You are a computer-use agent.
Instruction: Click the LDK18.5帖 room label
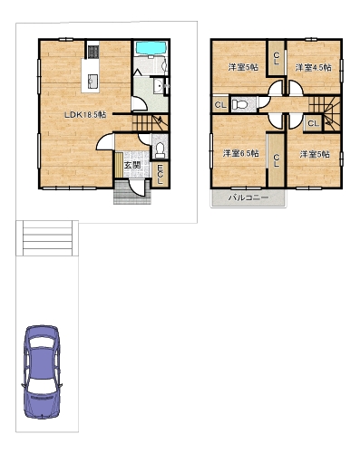(x=86, y=115)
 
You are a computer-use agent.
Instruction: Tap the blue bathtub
(x=151, y=48)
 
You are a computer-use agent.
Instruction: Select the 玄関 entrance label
(x=132, y=165)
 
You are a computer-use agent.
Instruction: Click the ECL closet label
(x=160, y=174)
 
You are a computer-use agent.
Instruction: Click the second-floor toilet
(x=239, y=104)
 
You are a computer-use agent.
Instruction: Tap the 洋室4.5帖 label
(x=313, y=67)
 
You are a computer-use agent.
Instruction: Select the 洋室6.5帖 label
(x=240, y=153)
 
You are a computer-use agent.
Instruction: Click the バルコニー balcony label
(x=248, y=198)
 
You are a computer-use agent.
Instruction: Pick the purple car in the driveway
(x=42, y=371)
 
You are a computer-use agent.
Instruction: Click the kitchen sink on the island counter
(x=92, y=81)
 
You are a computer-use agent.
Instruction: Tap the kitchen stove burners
(x=93, y=52)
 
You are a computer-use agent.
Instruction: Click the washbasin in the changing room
(x=158, y=86)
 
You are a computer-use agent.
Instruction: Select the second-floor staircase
(x=325, y=113)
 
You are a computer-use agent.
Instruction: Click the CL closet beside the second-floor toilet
(x=220, y=105)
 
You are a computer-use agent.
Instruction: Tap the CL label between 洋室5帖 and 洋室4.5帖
(x=276, y=58)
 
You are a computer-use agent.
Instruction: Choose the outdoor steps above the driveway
(x=47, y=238)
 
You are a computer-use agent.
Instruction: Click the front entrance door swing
(x=137, y=188)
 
